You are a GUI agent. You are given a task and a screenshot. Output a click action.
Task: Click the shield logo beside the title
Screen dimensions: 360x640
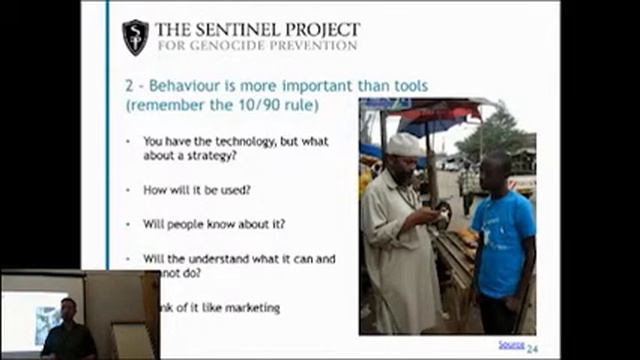[135, 37]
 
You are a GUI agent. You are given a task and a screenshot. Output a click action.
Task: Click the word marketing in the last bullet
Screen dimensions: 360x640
[247, 307]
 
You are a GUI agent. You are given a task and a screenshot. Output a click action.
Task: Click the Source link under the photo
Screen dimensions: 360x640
[510, 344]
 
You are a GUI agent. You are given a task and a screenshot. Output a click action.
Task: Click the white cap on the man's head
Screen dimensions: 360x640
[405, 146]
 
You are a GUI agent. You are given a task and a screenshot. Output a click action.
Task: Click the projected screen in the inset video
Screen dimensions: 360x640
[36, 316]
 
